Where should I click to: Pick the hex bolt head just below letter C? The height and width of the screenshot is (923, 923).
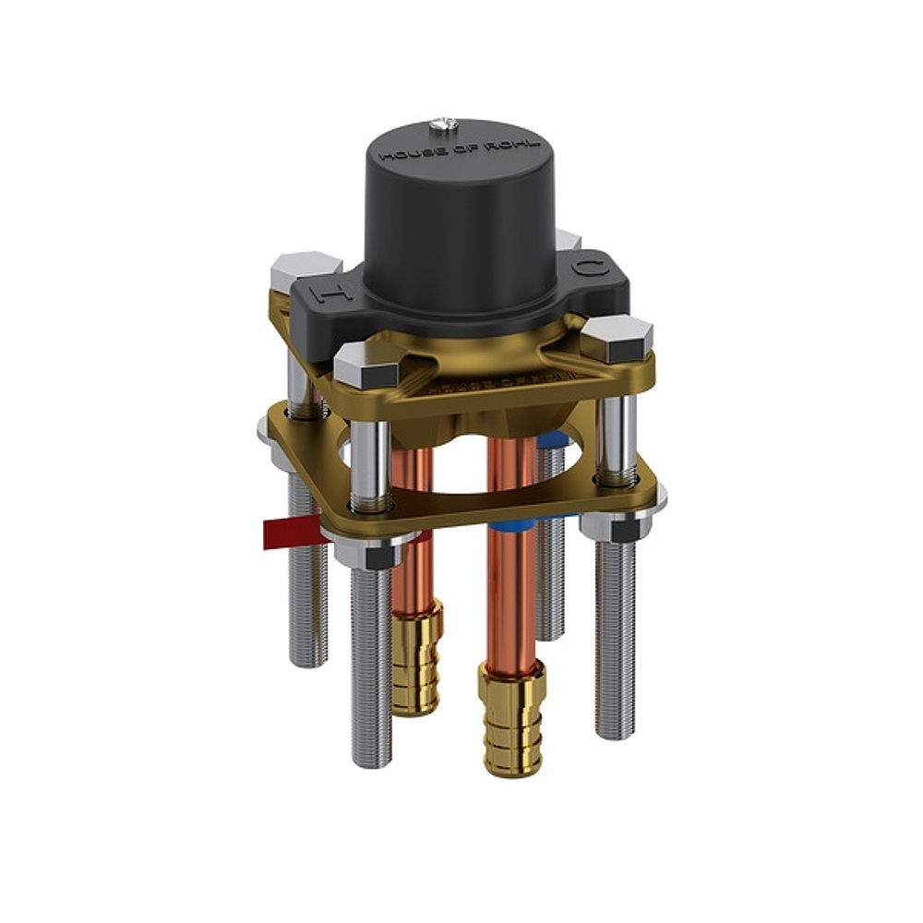point(619,338)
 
